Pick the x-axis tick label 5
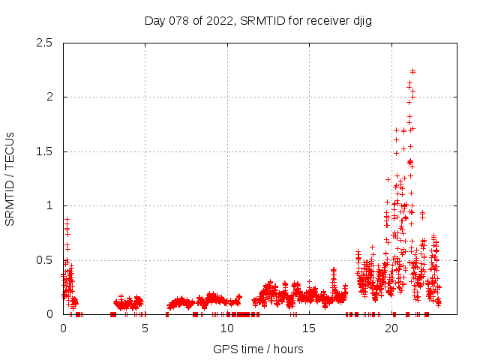click(145, 328)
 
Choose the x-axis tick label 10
click(227, 328)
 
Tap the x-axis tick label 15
click(309, 328)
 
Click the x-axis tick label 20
click(391, 328)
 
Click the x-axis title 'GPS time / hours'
click(258, 349)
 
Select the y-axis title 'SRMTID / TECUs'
click(10, 178)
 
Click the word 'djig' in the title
click(361, 20)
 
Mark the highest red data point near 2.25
click(412, 71)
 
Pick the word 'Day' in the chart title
click(154, 20)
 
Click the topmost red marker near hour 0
click(67, 219)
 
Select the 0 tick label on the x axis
click(63, 328)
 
